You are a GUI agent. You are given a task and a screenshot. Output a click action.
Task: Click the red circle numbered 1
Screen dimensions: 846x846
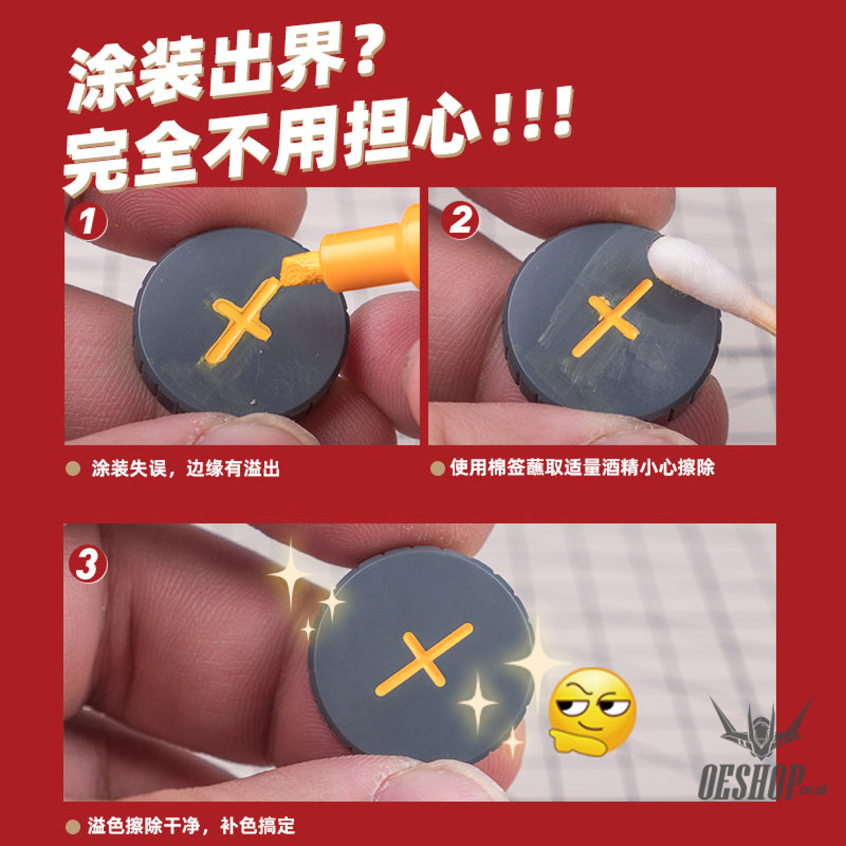[88, 222]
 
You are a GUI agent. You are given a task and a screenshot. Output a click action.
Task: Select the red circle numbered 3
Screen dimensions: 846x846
[88, 563]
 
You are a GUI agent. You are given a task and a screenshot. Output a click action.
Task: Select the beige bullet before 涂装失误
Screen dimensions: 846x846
[72, 468]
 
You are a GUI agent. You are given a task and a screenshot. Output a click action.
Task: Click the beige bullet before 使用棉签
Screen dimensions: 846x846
[438, 468]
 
